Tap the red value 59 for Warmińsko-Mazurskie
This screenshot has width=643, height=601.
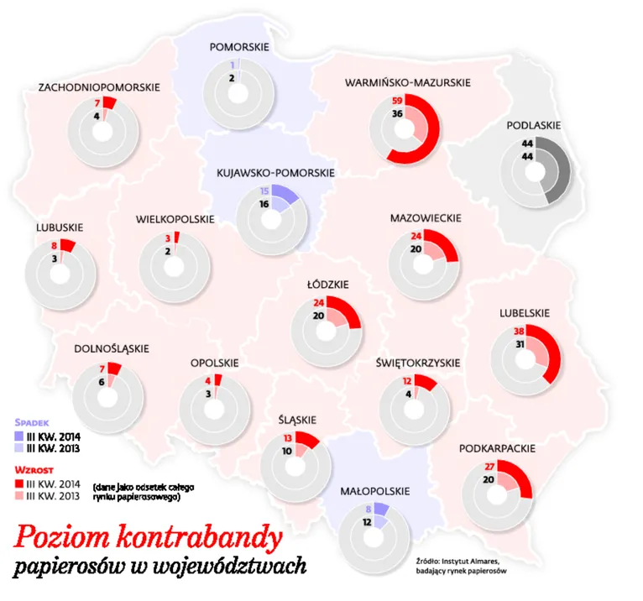[398, 101]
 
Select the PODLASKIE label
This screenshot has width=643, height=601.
[534, 126]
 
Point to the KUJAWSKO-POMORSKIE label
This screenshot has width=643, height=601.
[275, 173]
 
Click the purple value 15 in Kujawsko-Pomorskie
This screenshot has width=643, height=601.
[264, 191]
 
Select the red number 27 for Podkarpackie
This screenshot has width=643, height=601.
[490, 466]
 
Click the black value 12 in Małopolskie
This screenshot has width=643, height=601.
[367, 521]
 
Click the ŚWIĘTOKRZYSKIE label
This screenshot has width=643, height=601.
[418, 362]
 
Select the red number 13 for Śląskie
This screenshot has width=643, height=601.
[287, 437]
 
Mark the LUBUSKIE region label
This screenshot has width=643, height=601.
[59, 227]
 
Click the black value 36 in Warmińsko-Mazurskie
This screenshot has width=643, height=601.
[398, 113]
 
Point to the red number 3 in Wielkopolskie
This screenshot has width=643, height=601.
[168, 238]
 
